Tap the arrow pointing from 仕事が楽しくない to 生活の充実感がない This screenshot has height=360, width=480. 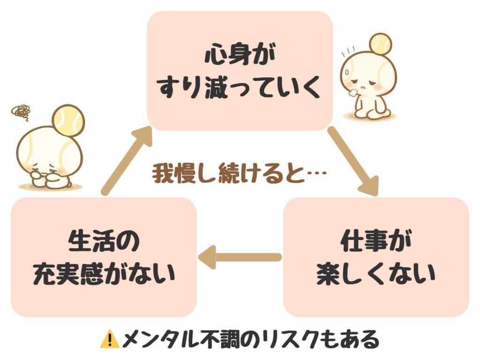coord(240,257)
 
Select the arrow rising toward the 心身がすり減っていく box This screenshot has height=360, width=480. coord(127,160)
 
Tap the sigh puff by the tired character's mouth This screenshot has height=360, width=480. coord(352,92)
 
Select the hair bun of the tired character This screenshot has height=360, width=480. coord(380,44)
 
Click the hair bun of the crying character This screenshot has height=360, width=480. coord(68,120)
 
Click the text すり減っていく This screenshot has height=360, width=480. coord(240,87)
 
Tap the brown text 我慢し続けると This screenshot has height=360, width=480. coord(229,173)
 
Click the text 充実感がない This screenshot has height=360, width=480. coord(104,273)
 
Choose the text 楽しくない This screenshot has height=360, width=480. coord(376,273)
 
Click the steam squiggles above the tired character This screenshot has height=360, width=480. coord(348,52)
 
